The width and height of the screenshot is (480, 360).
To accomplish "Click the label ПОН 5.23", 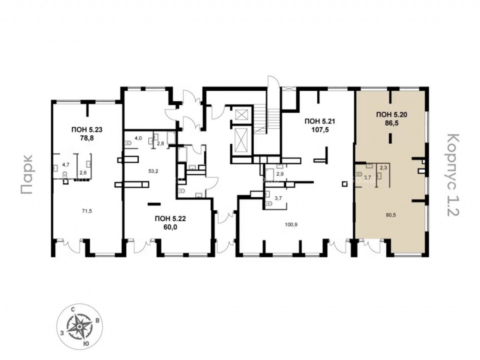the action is [x=87, y=130].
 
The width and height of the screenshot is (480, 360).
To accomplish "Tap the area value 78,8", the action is [x=87, y=138].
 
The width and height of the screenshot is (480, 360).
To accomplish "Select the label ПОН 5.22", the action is [x=170, y=218].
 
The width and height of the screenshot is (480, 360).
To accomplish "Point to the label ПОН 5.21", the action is [x=320, y=121].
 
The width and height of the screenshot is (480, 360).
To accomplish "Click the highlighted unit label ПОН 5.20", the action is [x=391, y=115].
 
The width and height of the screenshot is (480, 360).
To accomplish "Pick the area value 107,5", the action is [x=320, y=130].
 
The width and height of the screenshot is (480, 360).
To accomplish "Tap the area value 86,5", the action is [x=391, y=123].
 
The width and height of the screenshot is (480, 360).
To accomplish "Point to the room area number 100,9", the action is [x=290, y=224].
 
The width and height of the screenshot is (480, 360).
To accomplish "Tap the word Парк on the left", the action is [x=27, y=175].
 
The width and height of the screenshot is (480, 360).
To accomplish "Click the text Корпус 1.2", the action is [x=453, y=175].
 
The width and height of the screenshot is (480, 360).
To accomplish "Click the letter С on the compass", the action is [x=73, y=310].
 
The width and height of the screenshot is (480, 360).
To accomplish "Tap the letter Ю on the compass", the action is [x=86, y=344].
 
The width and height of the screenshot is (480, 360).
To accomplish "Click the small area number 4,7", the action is [x=66, y=165].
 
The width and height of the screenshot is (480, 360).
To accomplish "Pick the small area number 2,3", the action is [x=383, y=168].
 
